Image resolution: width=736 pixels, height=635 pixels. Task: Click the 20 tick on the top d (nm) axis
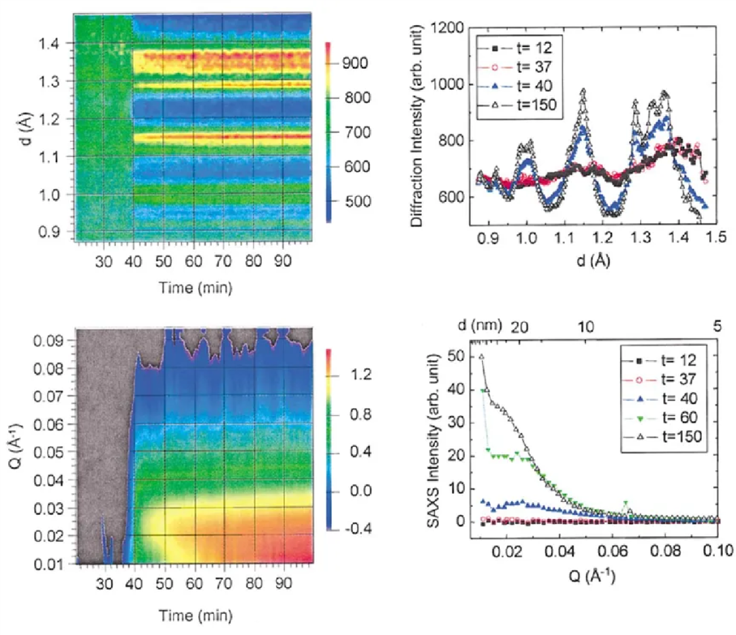point(519,327)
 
